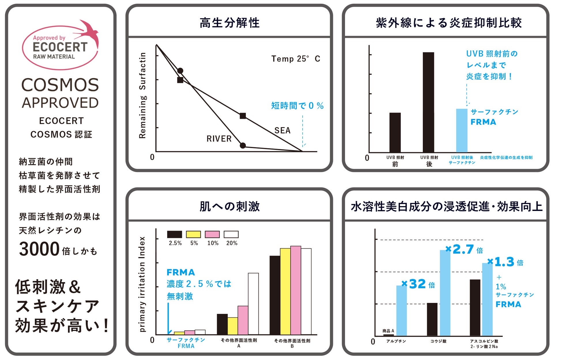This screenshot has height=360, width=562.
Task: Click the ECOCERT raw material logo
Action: (60, 46)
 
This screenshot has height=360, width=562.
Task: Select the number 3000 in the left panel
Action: (39, 249)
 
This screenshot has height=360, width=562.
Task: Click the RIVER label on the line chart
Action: (219, 139)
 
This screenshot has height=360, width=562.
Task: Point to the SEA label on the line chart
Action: (282, 131)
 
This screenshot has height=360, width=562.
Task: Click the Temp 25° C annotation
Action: (295, 59)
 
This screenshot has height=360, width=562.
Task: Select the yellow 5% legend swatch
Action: (193, 234)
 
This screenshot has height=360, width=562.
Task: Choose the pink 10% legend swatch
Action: (212, 234)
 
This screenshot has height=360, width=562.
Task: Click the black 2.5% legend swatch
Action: (174, 234)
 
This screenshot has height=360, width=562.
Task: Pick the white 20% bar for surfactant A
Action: (253, 304)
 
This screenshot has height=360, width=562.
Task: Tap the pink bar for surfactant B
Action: (295, 290)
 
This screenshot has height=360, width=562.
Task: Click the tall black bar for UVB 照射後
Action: (428, 102)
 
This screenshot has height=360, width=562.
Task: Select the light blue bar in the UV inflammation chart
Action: (462, 130)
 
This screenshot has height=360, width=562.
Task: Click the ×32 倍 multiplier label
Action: (418, 284)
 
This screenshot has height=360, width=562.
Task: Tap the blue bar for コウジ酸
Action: (445, 293)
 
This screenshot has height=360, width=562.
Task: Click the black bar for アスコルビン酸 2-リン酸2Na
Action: (475, 308)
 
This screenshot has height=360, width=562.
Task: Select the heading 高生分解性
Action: (229, 23)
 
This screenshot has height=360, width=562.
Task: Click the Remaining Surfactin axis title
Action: (142, 95)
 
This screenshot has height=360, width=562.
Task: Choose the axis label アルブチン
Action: (396, 341)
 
